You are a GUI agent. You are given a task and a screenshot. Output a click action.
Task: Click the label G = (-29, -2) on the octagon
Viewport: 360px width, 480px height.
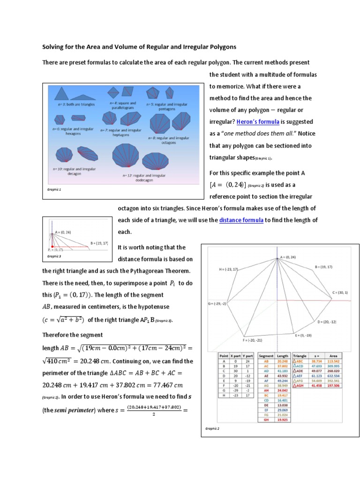[217, 304]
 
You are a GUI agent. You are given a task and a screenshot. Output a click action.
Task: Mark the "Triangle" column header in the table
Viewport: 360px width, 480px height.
[300, 356]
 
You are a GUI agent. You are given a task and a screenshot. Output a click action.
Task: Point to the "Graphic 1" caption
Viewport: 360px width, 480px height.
[54, 190]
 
